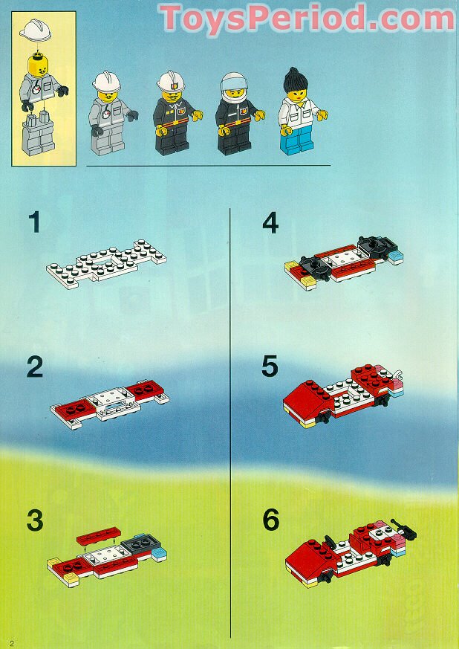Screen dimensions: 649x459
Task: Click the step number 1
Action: click(33, 223)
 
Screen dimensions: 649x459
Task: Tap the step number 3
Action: click(35, 520)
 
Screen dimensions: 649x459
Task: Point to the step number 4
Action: click(271, 223)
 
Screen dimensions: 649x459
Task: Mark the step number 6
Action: click(271, 520)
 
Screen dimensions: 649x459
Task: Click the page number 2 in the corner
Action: click(12, 641)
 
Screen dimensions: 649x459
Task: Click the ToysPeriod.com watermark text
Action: click(307, 18)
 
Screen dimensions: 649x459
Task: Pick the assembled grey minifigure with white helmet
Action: click(108, 114)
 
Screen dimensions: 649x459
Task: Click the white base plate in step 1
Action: click(105, 265)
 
